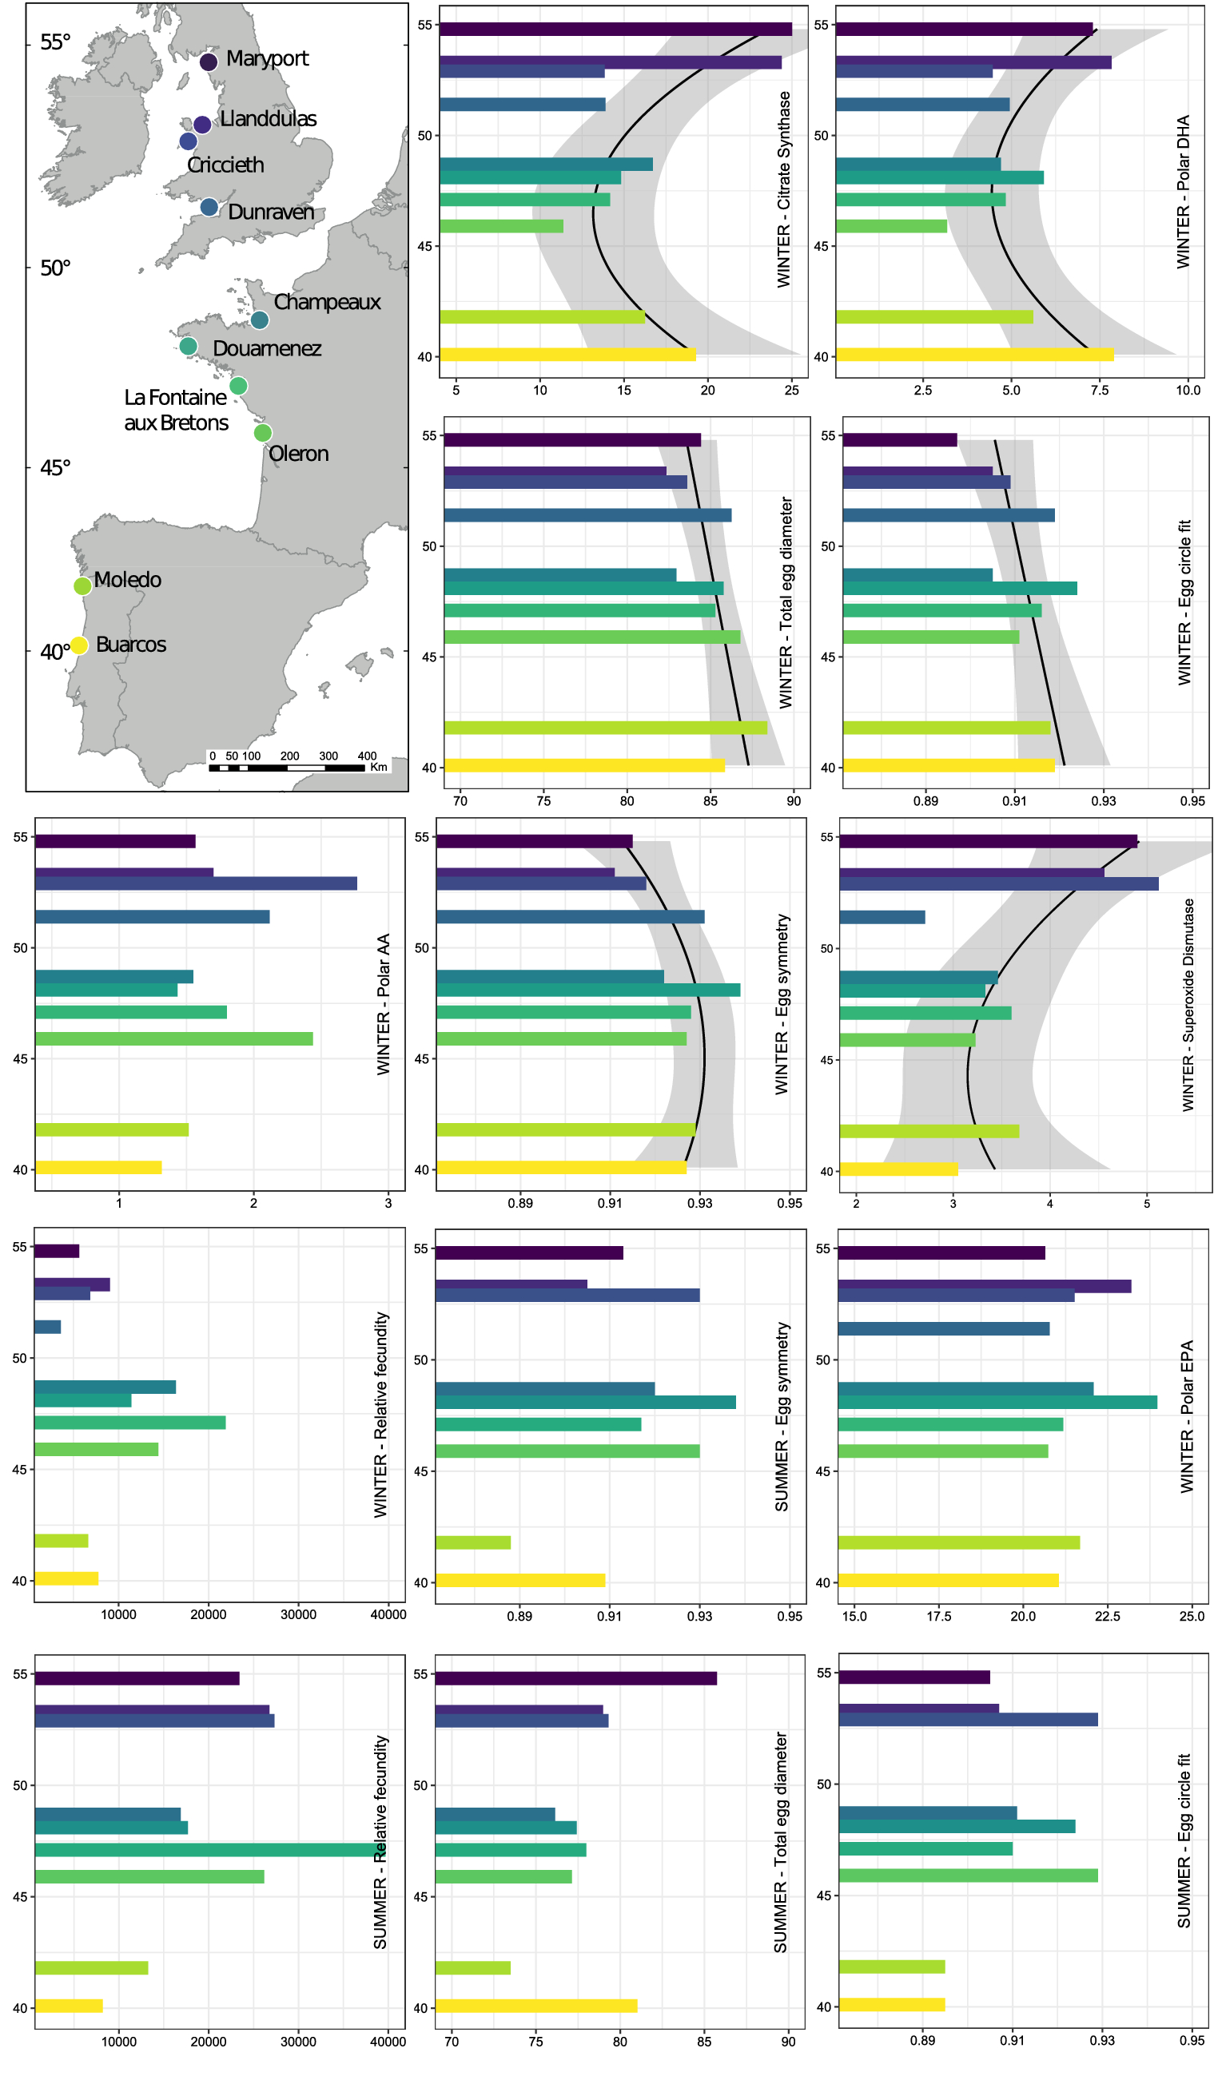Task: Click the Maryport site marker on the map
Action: (x=209, y=61)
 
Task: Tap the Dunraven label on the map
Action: (x=270, y=212)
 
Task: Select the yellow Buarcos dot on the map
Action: (x=78, y=645)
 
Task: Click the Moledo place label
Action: (x=127, y=580)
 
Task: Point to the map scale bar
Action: (x=286, y=768)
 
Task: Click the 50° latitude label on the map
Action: (x=55, y=268)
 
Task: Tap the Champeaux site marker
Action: (x=260, y=320)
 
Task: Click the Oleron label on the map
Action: (x=298, y=454)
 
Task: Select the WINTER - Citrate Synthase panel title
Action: (x=784, y=189)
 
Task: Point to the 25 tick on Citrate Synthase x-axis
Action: (x=791, y=391)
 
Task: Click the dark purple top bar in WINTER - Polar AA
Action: (x=114, y=841)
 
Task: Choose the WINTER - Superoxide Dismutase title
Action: (x=1188, y=1005)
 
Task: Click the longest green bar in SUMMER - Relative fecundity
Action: (x=209, y=1850)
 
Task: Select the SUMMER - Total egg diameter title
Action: (x=780, y=1842)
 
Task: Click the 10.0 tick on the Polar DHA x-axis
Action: (x=1188, y=391)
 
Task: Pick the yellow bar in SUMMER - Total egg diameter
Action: (x=535, y=2006)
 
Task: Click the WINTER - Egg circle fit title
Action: (x=1184, y=603)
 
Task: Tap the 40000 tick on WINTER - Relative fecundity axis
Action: (x=388, y=1614)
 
